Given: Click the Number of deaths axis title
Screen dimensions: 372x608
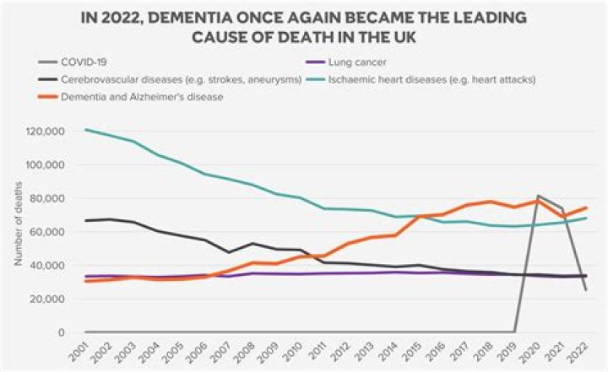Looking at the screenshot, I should click(18, 231).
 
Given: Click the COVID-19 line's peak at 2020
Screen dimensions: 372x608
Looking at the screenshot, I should click(539, 197).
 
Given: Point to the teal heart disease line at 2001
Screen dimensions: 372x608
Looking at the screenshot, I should click(85, 130).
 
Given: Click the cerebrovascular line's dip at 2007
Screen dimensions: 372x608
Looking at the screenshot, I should click(229, 252).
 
